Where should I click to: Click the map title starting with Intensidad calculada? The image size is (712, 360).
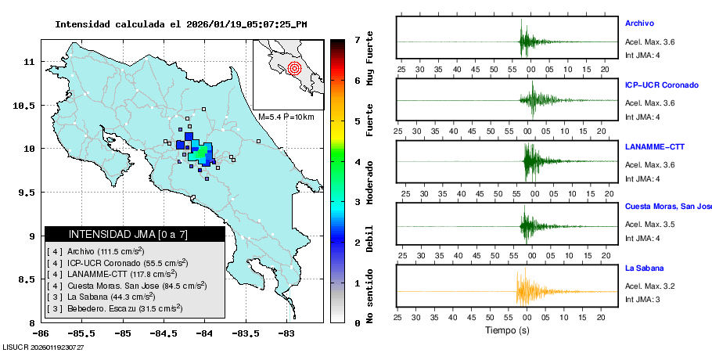click(x=181, y=24)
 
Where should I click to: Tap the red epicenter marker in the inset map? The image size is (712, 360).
click(x=294, y=68)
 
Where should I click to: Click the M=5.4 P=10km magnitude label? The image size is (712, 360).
click(x=286, y=117)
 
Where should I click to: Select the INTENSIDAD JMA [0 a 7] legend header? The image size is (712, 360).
click(x=135, y=234)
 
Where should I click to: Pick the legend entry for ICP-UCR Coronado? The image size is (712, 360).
click(x=117, y=263)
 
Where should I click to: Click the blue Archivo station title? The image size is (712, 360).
click(x=639, y=23)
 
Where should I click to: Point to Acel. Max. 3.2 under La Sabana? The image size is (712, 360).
click(x=649, y=286)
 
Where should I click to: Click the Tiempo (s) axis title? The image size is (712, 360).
click(x=507, y=330)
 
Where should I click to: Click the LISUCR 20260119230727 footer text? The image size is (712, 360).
click(x=44, y=347)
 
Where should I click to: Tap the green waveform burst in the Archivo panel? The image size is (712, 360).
click(x=525, y=41)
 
